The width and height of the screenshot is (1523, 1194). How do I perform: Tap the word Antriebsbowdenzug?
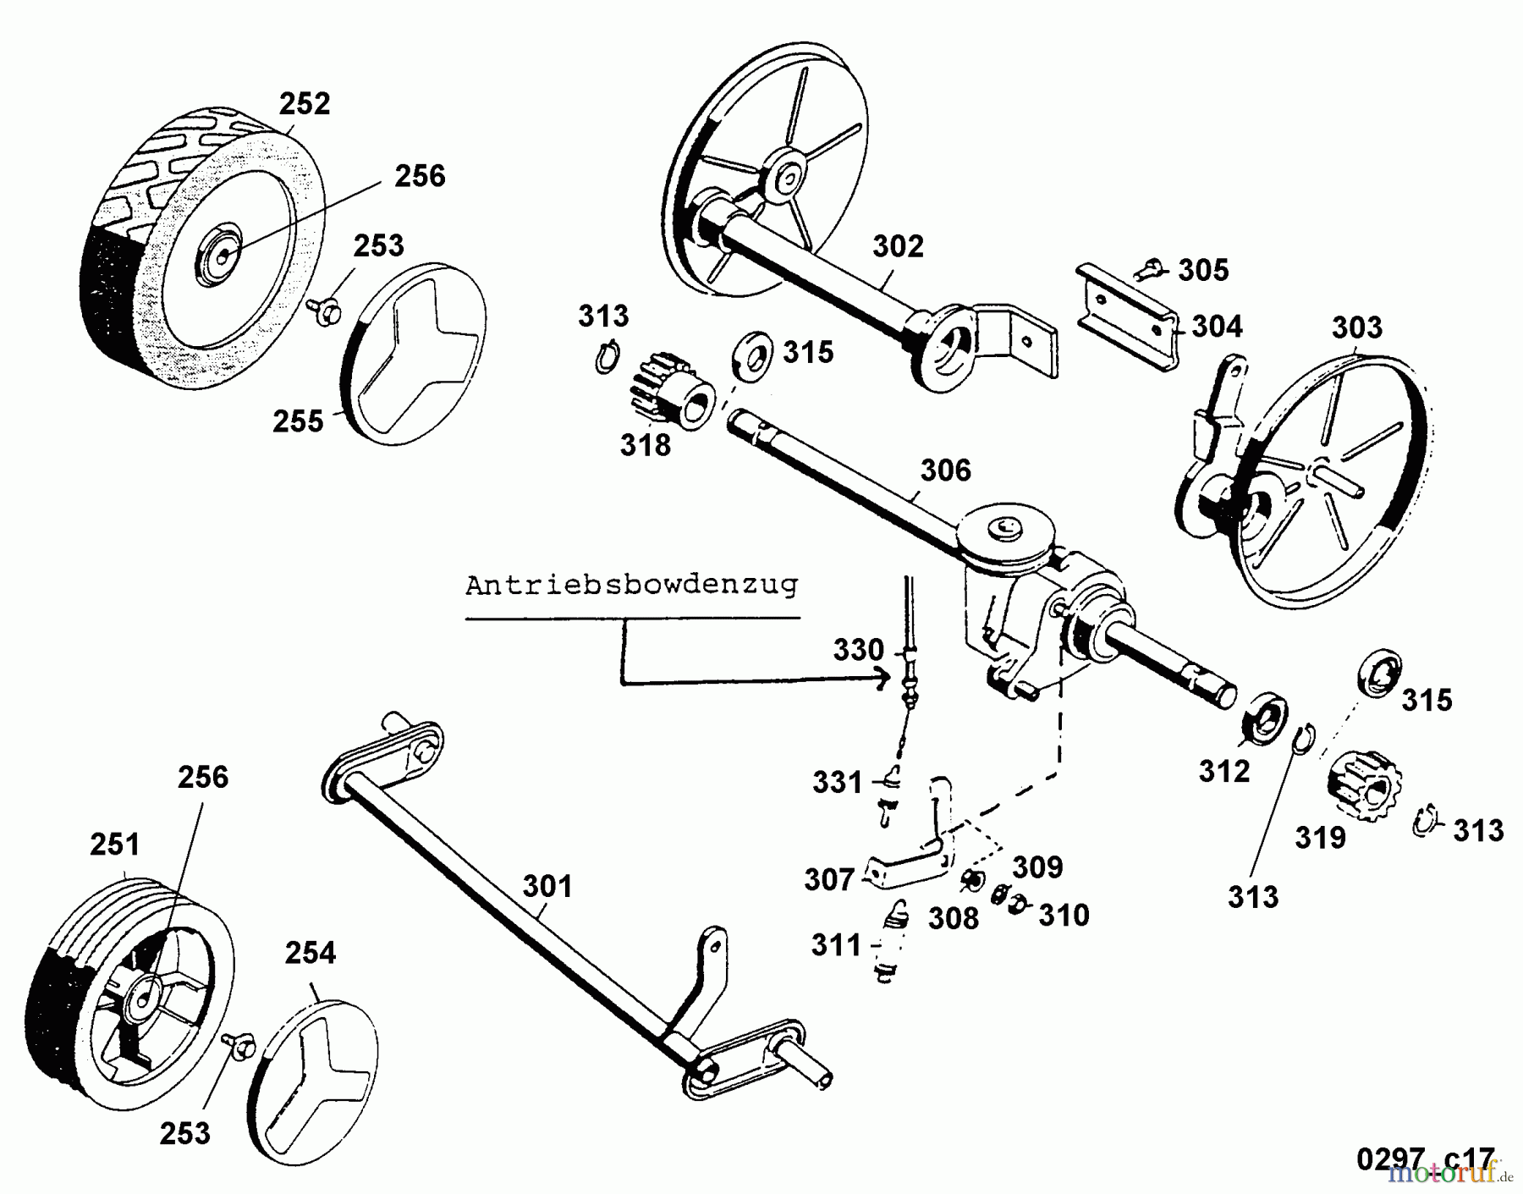click(x=631, y=586)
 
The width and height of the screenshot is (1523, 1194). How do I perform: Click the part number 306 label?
click(x=945, y=470)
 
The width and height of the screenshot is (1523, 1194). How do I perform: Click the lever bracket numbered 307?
click(x=910, y=863)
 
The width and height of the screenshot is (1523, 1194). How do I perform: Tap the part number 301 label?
click(x=547, y=886)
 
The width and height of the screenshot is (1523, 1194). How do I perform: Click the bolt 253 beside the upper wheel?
click(x=322, y=308)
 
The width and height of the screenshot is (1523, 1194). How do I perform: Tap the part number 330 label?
click(x=858, y=650)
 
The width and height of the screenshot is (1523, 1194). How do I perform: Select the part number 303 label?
click(x=1356, y=327)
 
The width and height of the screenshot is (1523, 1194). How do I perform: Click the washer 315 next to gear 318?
click(x=749, y=355)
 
